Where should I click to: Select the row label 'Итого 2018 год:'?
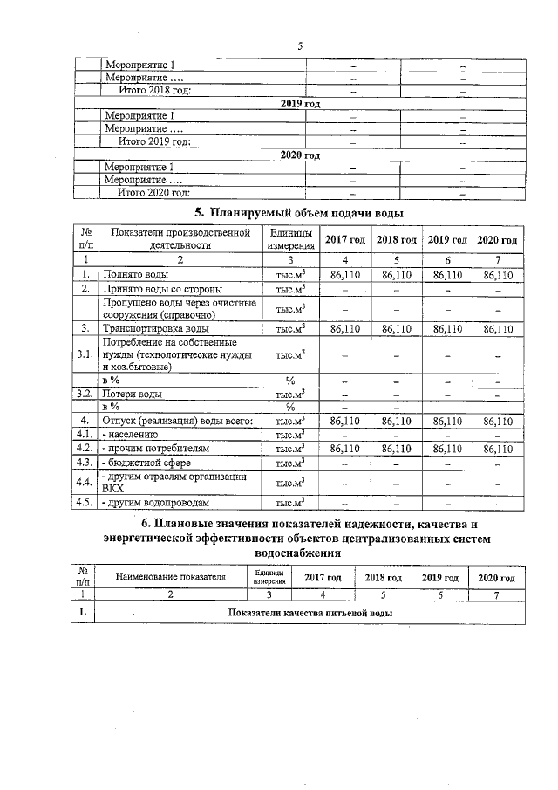[154, 90]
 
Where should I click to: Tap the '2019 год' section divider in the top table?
[300, 103]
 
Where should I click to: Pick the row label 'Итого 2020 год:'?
[154, 192]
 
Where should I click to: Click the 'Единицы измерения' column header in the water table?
[290, 239]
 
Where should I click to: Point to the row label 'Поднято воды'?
[131, 274]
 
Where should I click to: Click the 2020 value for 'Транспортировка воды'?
[500, 328]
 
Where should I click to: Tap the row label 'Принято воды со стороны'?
[161, 288]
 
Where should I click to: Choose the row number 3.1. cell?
[85, 354]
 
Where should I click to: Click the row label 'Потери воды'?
[132, 394]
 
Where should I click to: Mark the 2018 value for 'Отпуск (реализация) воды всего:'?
[396, 421]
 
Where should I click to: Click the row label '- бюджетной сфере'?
[146, 461]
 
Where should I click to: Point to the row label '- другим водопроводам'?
[156, 502]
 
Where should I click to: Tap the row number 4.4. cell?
[85, 481]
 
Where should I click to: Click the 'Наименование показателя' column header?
[171, 577]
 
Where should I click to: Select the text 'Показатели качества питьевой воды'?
[310, 613]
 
